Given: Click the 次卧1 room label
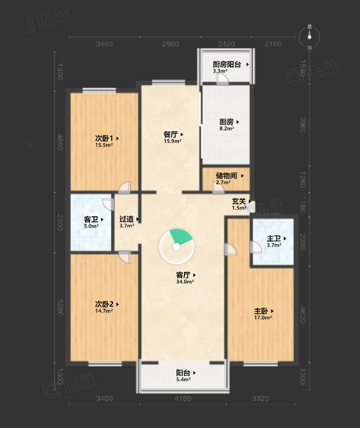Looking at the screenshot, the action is (104, 138).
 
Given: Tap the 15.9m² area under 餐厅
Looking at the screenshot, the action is (172, 141).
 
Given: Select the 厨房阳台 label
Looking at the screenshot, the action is (227, 64).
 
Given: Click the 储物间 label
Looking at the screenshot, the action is (227, 175).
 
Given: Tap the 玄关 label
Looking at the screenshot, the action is (239, 202).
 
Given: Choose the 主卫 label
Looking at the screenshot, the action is (274, 239).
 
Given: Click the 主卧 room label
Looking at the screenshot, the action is (261, 311).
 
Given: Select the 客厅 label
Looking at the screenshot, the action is (183, 275).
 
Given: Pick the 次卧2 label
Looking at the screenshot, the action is (104, 304).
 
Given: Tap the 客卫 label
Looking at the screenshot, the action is (91, 219).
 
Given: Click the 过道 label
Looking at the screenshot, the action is (126, 219).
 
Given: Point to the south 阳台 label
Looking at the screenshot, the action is (183, 373).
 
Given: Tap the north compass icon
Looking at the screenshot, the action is (309, 37).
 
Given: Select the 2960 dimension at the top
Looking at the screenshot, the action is (170, 44).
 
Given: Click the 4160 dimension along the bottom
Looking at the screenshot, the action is (183, 399).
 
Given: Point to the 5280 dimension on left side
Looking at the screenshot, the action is (60, 308).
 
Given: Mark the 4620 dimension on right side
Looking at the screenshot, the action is (303, 314).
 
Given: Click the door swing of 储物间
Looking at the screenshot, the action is (218, 188).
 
